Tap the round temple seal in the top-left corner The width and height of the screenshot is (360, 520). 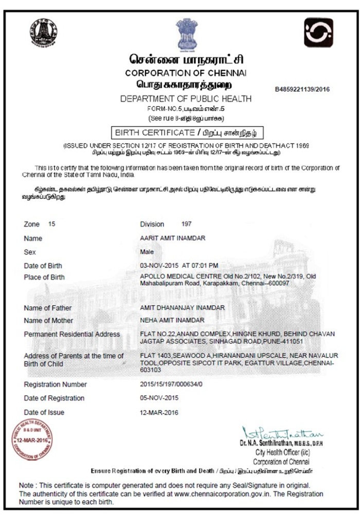43,31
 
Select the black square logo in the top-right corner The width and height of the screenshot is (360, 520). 318,32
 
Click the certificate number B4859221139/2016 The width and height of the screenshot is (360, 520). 302,88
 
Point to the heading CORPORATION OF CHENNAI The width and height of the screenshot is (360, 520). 186,73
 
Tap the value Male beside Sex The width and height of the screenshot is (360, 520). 147,253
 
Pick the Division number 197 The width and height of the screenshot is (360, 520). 186,224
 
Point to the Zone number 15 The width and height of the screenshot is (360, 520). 51,224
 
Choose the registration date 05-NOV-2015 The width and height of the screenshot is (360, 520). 159,398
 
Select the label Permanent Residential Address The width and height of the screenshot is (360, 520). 72,334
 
